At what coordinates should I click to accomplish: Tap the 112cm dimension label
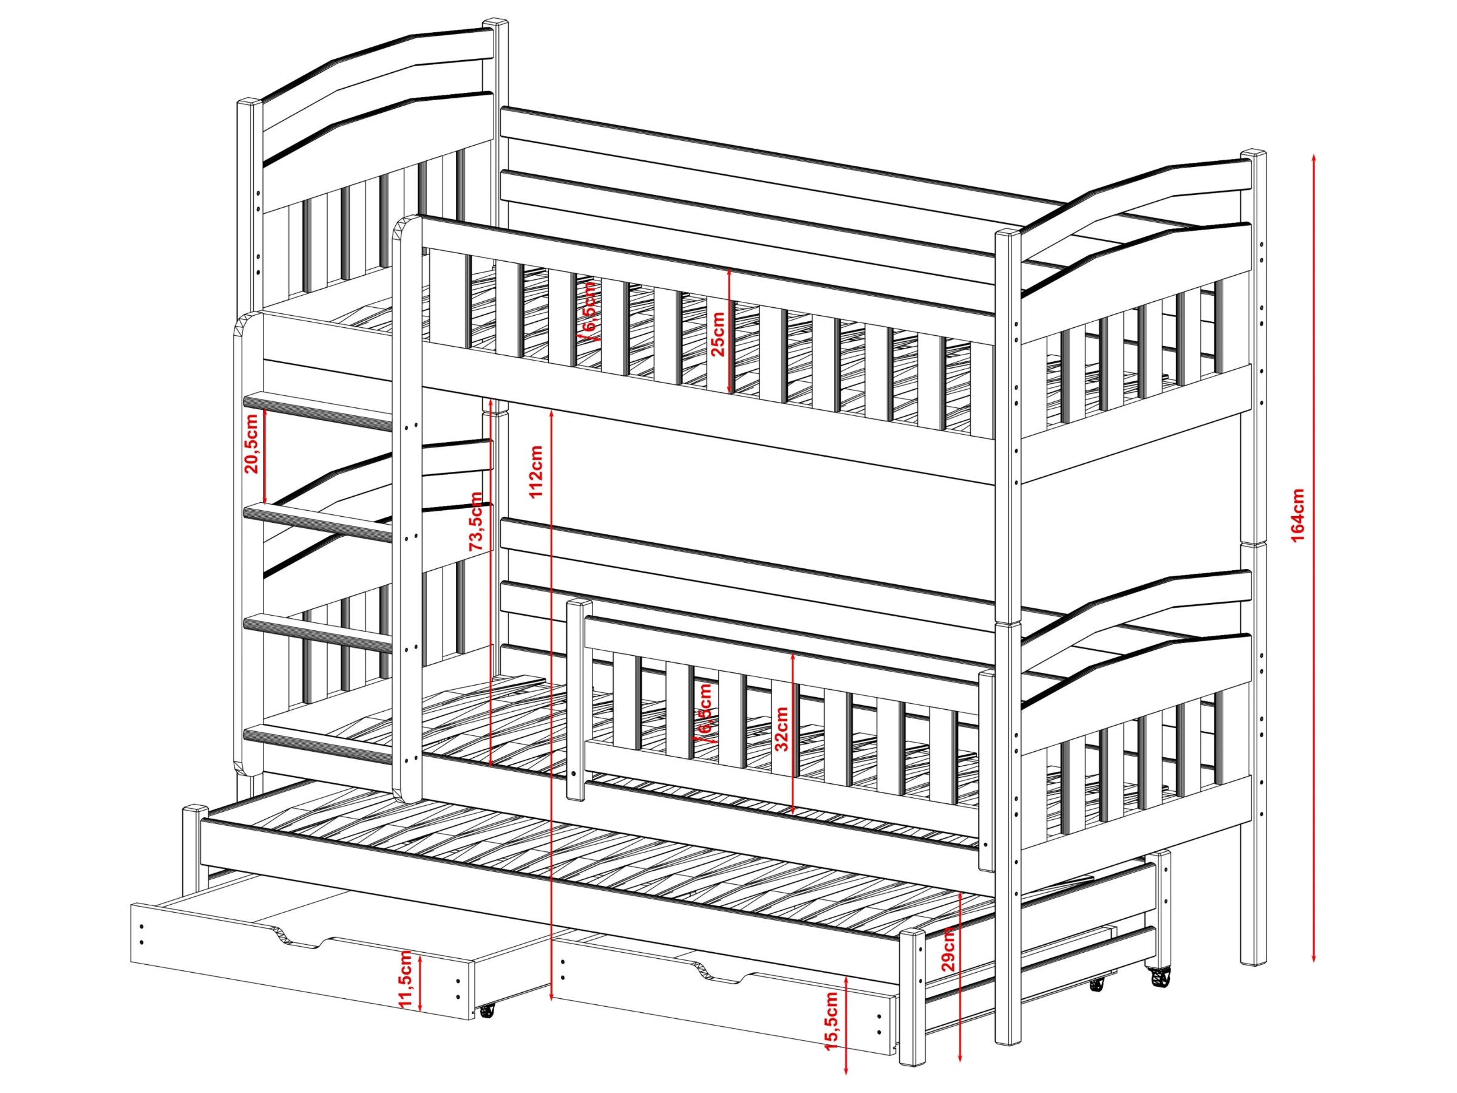point(535,472)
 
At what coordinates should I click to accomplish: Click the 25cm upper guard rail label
point(718,333)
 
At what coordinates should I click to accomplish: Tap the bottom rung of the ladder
point(319,744)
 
